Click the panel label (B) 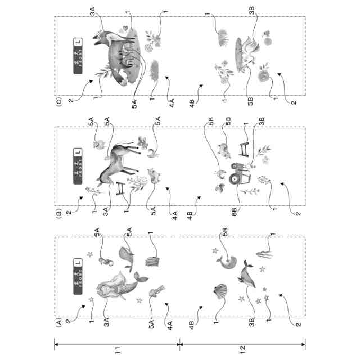[58, 214]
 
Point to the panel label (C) [58, 103]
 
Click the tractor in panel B [236, 174]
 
